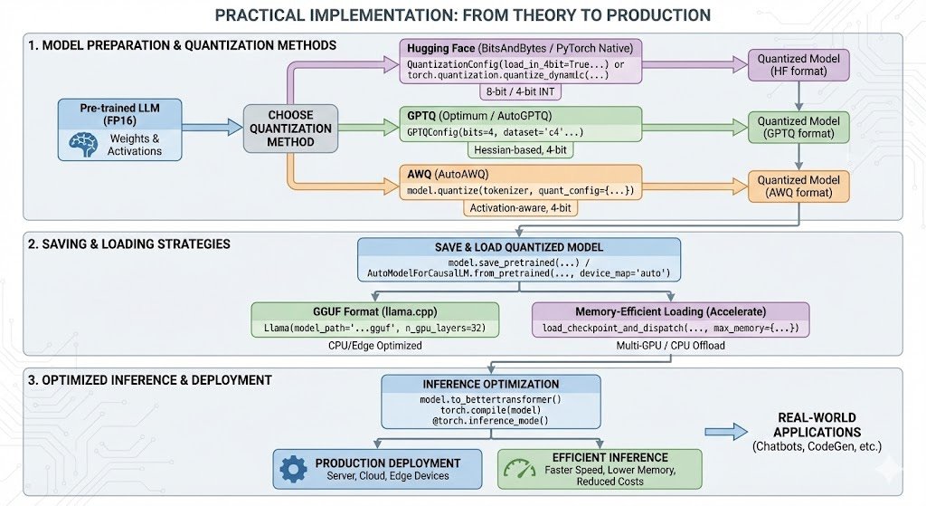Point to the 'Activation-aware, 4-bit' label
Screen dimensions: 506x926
(x=520, y=208)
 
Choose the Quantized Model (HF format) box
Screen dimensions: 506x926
(x=798, y=64)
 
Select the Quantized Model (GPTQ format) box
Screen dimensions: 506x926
(x=798, y=128)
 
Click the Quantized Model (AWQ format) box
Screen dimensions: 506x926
(x=798, y=186)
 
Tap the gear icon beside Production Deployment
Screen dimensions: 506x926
(x=293, y=469)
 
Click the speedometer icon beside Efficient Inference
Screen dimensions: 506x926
(x=519, y=469)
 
